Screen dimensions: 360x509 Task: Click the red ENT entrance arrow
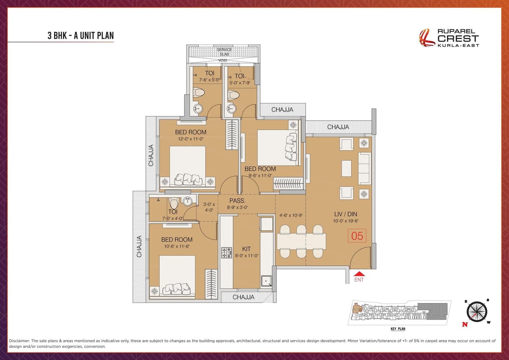(x=359, y=274)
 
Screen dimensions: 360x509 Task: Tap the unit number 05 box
(x=357, y=236)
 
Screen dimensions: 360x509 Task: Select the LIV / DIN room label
(x=346, y=214)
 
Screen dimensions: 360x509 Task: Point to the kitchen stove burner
(x=227, y=252)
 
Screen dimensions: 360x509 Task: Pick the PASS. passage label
(x=237, y=201)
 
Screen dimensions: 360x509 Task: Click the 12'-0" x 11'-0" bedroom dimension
(x=190, y=139)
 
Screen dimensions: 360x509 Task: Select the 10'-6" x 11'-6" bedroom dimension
(x=177, y=247)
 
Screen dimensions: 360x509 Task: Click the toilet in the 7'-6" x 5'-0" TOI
(x=198, y=93)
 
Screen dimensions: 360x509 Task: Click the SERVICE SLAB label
(x=224, y=52)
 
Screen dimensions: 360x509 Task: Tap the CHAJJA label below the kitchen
(x=243, y=297)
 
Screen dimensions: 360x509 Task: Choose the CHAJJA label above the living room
(x=338, y=127)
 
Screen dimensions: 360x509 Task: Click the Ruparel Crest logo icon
(x=427, y=38)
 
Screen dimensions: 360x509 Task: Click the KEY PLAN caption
(x=397, y=329)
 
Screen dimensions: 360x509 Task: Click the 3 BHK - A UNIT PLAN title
(x=81, y=35)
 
